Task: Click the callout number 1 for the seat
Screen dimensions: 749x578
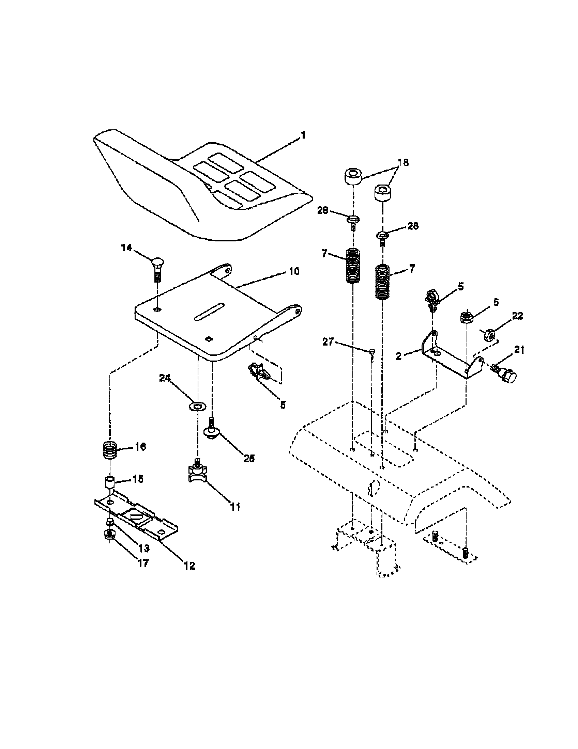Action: tap(302, 135)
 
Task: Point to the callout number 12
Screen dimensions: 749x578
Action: tap(189, 565)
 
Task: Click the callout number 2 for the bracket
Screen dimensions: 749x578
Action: tap(398, 356)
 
